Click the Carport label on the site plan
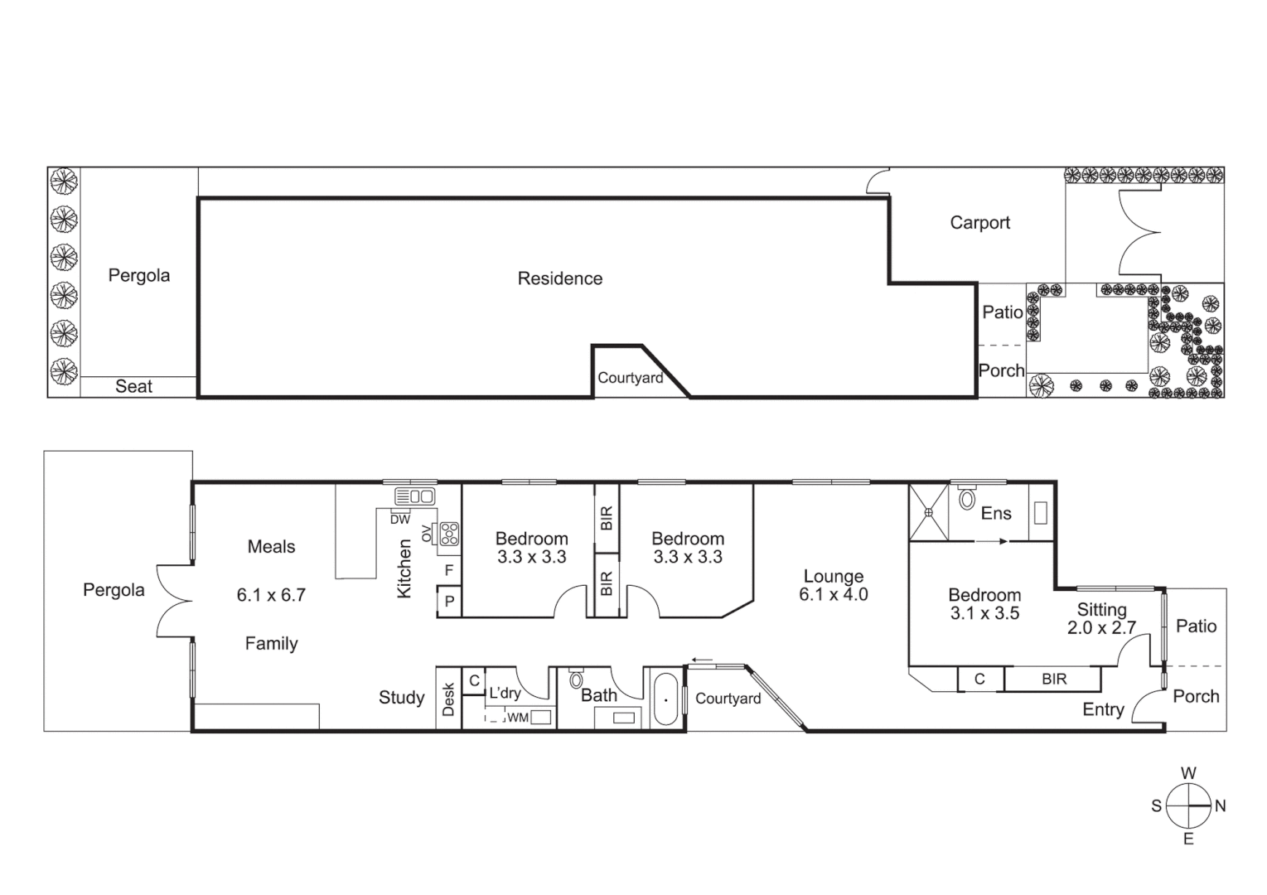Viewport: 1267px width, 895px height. (979, 223)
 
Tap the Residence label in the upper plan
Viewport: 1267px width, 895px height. (559, 278)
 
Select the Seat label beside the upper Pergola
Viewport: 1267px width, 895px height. (133, 386)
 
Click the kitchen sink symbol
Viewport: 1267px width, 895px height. (415, 496)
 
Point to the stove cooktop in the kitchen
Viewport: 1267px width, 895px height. (449, 533)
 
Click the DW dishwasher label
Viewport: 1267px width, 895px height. (399, 520)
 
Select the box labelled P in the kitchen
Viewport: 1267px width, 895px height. (449, 602)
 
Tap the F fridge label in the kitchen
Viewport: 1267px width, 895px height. (449, 570)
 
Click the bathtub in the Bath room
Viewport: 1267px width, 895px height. (665, 699)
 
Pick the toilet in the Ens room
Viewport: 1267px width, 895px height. (966, 499)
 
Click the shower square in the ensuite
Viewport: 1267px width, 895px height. (929, 512)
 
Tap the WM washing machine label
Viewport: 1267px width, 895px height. (518, 718)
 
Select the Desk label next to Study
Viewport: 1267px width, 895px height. (448, 699)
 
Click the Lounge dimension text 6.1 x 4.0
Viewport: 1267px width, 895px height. (834, 595)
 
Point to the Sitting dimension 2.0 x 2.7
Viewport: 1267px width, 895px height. (1101, 628)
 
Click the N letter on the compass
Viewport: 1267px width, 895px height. (1220, 805)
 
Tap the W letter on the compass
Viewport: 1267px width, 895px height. (1188, 773)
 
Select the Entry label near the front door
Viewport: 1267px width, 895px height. (1103, 709)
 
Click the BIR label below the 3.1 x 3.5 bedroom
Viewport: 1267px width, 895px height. (1054, 680)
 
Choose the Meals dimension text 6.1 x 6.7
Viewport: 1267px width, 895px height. (271, 595)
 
